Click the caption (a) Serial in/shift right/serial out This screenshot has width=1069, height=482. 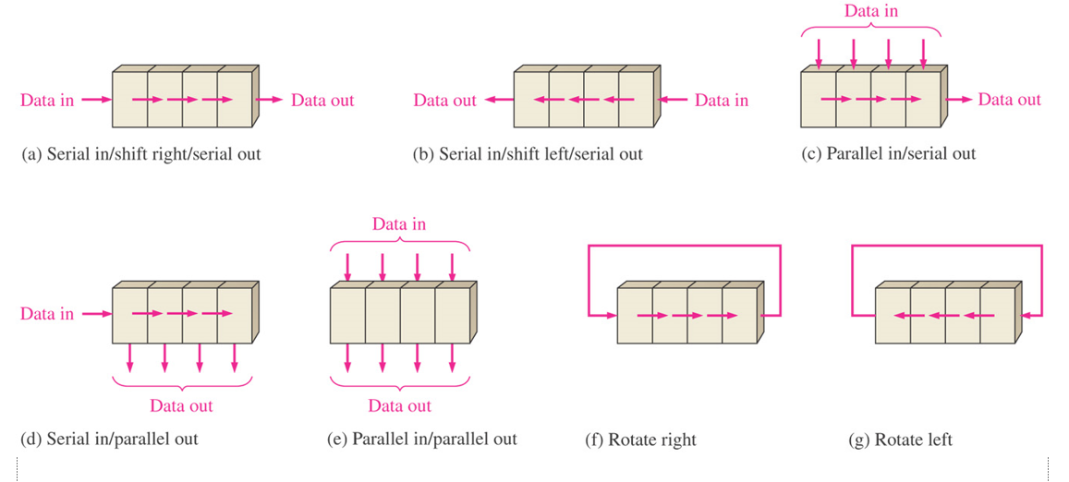(140, 154)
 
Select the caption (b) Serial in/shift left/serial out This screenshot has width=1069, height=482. (527, 154)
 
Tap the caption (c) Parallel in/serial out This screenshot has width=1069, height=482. (887, 154)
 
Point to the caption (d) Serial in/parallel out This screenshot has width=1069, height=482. (109, 439)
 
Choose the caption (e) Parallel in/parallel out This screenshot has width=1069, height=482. (422, 439)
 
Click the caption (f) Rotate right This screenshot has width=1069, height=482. (640, 440)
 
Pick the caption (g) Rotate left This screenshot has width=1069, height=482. (900, 440)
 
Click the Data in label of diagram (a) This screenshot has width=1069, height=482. (47, 100)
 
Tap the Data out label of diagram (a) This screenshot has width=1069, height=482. (322, 100)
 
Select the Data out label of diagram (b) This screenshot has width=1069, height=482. (444, 100)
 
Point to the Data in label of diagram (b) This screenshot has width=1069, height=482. (722, 100)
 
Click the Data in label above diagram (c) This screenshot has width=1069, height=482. (870, 12)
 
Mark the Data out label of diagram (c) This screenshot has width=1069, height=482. (1009, 100)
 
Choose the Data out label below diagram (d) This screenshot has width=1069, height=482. (181, 405)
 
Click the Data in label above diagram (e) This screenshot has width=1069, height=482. (399, 224)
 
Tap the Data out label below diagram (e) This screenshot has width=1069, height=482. (399, 405)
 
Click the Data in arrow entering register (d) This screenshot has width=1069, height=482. (96, 314)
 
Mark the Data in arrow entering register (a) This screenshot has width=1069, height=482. (96, 100)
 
